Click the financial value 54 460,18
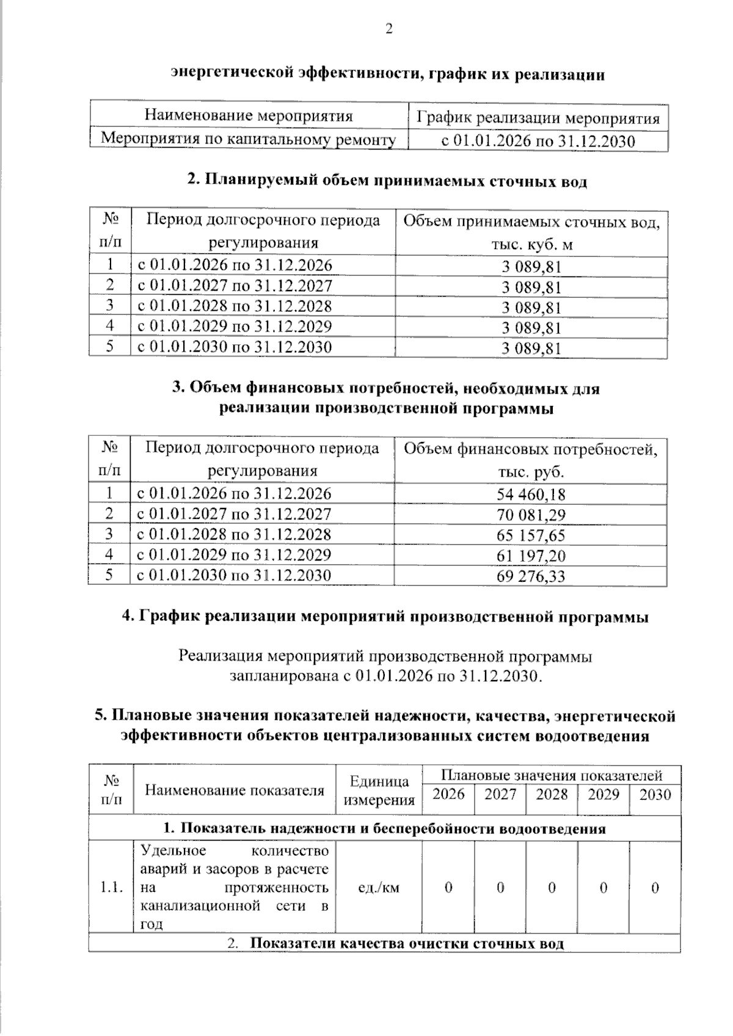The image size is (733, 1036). [x=531, y=494]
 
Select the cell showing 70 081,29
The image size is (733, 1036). [x=531, y=515]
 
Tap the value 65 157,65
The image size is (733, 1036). [x=531, y=535]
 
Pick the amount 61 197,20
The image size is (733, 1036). [x=531, y=556]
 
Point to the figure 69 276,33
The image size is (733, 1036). [x=531, y=576]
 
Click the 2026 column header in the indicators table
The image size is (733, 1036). [x=448, y=794]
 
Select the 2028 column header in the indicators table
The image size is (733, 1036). [x=552, y=794]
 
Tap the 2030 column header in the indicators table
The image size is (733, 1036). [x=655, y=794]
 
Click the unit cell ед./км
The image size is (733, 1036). [x=379, y=887]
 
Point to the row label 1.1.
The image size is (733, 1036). [x=111, y=887]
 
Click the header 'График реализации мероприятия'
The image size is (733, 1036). [x=538, y=118]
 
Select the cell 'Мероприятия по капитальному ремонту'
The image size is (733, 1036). [x=249, y=139]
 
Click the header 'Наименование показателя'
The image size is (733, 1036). [x=235, y=790]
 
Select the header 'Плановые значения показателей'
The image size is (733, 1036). [x=552, y=775]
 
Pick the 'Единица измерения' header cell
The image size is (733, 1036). [x=379, y=791]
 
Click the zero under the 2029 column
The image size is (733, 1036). [x=604, y=887]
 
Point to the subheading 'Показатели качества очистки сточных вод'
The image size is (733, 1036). [x=407, y=943]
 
